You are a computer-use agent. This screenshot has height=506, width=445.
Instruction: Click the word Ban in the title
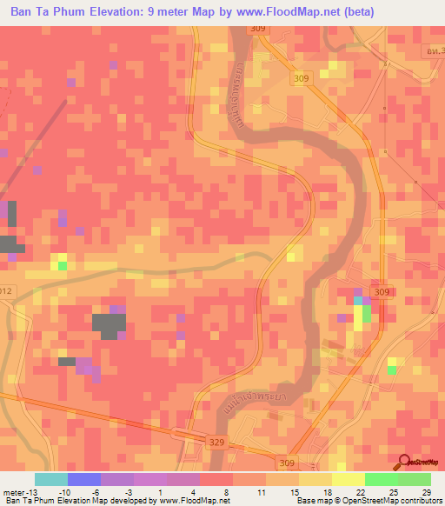click(23, 12)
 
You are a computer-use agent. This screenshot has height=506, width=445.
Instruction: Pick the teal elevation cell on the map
click(358, 300)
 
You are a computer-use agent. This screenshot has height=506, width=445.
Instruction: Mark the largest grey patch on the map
click(109, 323)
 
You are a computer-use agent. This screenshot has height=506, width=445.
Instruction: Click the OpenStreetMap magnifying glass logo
click(405, 463)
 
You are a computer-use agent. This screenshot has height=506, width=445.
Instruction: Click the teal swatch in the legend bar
click(50, 479)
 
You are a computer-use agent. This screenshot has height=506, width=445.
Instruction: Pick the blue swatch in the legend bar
click(83, 479)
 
